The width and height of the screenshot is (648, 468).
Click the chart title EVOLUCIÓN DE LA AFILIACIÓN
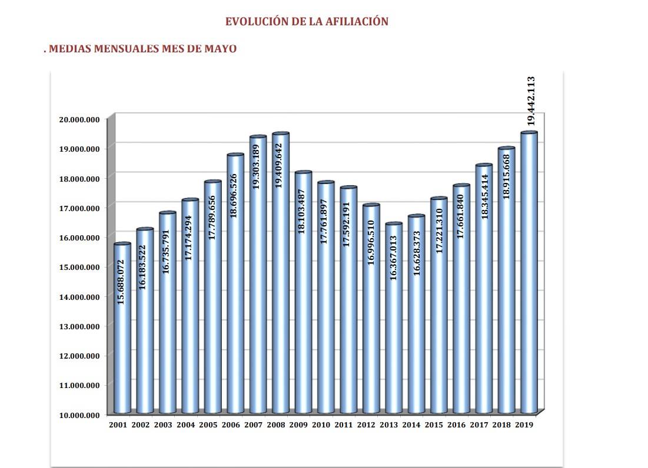[307, 22]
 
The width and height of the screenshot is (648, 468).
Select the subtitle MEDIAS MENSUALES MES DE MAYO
[142, 49]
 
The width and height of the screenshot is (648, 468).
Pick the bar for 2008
[281, 353]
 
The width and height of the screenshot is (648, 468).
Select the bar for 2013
[394, 353]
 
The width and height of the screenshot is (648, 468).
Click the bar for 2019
[529, 353]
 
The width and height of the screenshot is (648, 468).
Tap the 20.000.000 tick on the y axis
[79, 119]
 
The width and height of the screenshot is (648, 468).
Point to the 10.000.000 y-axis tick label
[79, 415]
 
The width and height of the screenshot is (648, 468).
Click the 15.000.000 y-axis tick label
[79, 267]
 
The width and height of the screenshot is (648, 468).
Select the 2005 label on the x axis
[208, 424]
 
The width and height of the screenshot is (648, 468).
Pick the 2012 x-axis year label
[366, 424]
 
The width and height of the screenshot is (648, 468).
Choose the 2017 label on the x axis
[479, 424]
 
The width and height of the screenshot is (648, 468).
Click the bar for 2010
[325, 353]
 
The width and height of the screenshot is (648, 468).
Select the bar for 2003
[167, 353]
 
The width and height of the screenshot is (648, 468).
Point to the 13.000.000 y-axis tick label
[79, 326]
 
